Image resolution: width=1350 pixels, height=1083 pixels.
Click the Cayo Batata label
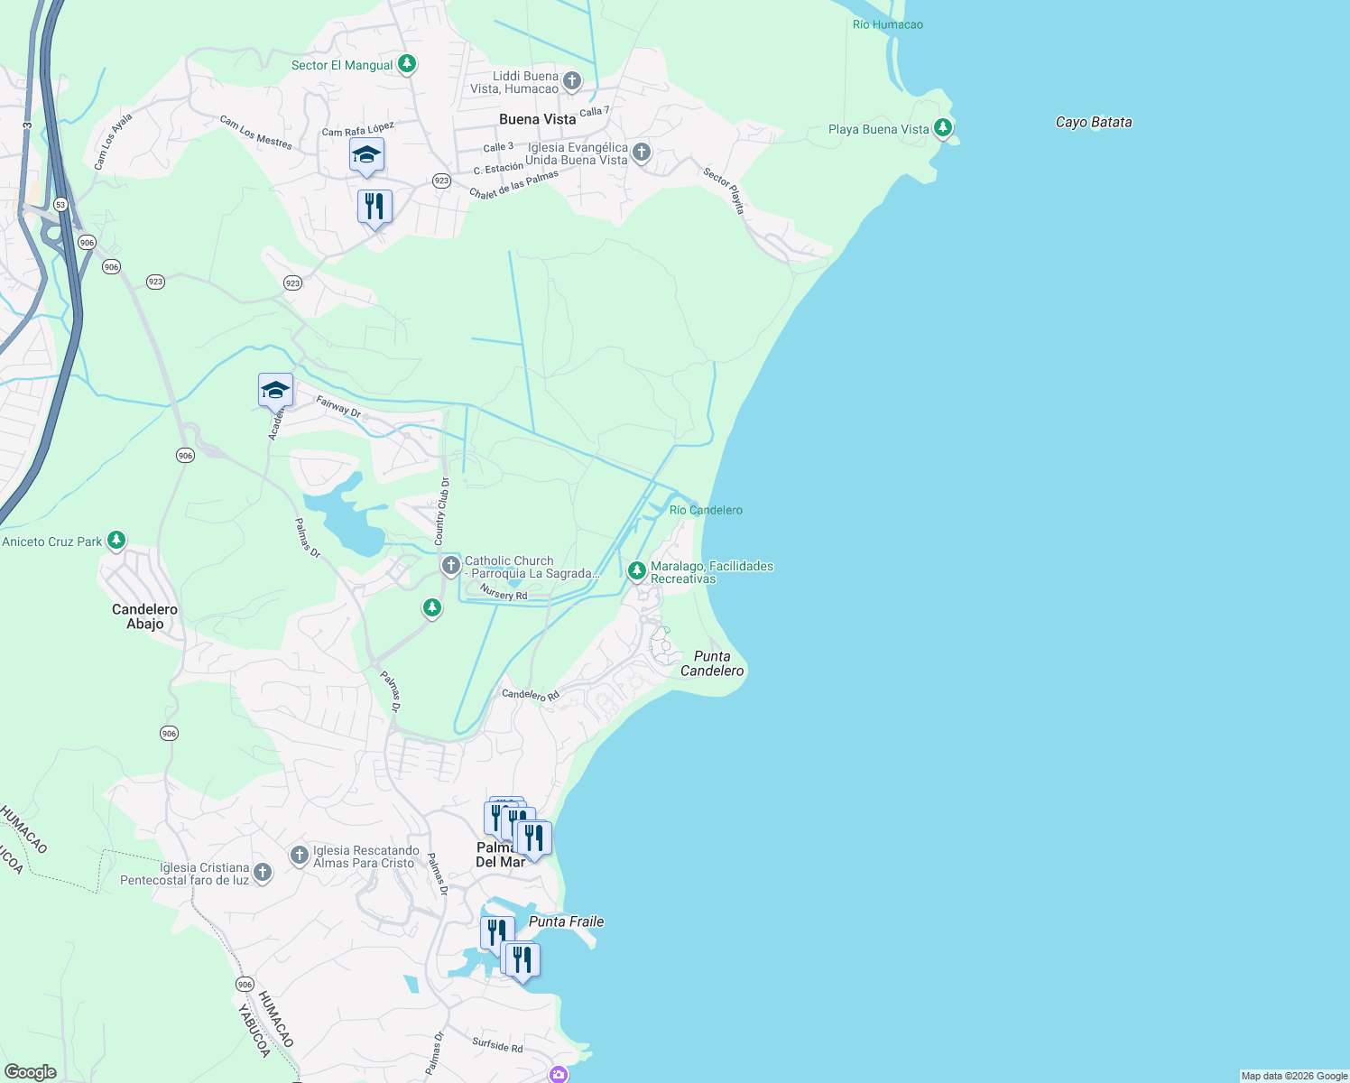[1093, 122]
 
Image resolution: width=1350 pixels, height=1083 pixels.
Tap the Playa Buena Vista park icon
[943, 128]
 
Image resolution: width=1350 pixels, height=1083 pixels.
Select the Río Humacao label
[887, 24]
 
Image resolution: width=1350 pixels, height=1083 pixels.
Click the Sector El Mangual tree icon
[407, 64]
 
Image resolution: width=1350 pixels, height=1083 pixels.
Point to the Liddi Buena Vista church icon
[571, 82]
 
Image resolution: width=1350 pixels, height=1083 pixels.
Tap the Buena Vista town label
[537, 119]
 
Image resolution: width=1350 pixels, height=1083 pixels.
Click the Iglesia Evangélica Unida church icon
[642, 152]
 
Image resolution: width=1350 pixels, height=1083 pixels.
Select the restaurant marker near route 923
[374, 207]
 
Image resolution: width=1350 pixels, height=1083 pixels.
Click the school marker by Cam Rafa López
[366, 155]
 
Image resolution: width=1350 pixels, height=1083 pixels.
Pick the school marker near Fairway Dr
[275, 391]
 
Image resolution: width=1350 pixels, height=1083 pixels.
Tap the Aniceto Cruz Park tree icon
[116, 541]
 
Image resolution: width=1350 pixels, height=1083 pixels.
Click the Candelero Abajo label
[144, 616]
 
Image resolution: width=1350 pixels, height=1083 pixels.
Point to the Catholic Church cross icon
[450, 566]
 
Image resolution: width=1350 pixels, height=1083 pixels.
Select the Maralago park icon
[636, 570]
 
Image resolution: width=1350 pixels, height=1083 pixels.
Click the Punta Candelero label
[712, 663]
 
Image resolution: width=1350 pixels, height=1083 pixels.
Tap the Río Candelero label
[706, 510]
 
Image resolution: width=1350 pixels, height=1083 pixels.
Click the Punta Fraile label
[566, 921]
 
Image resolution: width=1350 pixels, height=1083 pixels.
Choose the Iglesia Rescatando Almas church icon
[300, 856]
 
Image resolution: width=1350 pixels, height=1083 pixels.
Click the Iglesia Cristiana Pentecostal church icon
[263, 872]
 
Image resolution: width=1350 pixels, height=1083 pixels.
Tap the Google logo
[31, 1072]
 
